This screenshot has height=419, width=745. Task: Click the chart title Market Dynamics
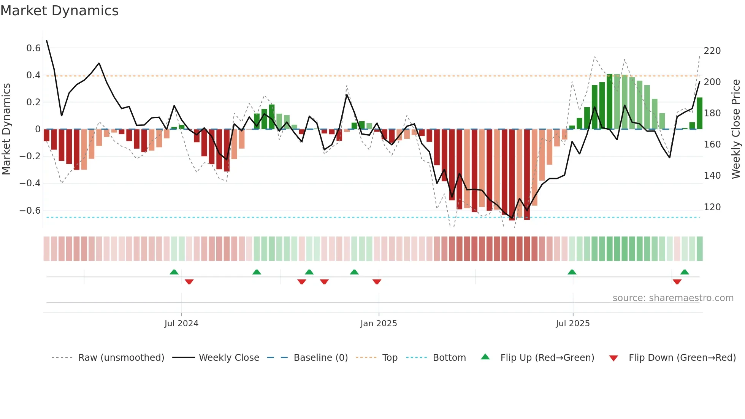pyautogui.click(x=59, y=11)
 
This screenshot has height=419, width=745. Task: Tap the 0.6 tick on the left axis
pyautogui.click(x=33, y=48)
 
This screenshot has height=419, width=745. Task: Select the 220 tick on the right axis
pyautogui.click(x=712, y=51)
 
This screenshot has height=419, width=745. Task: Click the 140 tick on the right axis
pyautogui.click(x=712, y=176)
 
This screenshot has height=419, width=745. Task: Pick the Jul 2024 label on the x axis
pyautogui.click(x=181, y=324)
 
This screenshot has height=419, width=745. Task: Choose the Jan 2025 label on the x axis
pyautogui.click(x=379, y=324)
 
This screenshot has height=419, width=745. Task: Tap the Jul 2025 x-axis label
pyautogui.click(x=572, y=324)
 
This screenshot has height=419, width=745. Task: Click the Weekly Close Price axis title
pyautogui.click(x=736, y=129)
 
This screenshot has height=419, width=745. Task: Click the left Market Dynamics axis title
pyautogui.click(x=6, y=129)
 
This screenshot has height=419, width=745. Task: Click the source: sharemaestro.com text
pyautogui.click(x=673, y=298)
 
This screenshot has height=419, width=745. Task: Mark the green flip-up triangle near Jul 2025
pyautogui.click(x=572, y=272)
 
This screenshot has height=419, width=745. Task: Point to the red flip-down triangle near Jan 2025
pyautogui.click(x=377, y=281)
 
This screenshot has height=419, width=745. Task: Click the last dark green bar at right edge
pyautogui.click(x=699, y=113)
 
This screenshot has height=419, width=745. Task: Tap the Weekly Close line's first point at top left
pyautogui.click(x=47, y=41)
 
